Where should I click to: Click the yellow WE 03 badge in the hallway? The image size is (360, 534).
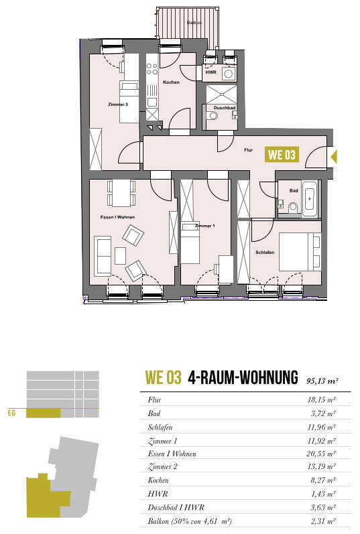(282, 155)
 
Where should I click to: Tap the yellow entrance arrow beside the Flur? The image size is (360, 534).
(335, 157)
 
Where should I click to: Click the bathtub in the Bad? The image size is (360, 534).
(310, 199)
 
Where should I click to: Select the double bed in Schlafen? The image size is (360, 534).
(300, 252)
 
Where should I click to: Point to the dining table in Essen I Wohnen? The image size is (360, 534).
(121, 193)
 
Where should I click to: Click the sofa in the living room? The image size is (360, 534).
(103, 256)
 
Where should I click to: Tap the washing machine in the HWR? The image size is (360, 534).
(229, 74)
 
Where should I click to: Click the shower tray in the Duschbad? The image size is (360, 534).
(221, 94)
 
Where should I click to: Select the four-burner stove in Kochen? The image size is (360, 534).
(152, 68)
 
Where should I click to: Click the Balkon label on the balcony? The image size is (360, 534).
(194, 23)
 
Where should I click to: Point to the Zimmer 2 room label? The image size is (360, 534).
(118, 105)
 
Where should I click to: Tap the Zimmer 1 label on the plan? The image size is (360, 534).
(205, 226)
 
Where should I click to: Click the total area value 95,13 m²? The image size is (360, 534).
(322, 381)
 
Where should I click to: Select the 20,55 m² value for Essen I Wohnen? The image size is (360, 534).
(321, 454)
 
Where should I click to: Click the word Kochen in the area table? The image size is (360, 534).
(158, 480)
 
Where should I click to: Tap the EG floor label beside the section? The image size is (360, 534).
(11, 413)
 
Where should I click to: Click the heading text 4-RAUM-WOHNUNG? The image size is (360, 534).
(243, 377)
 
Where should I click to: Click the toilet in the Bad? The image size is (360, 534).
(293, 208)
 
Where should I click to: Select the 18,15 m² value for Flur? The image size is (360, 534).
(322, 399)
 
